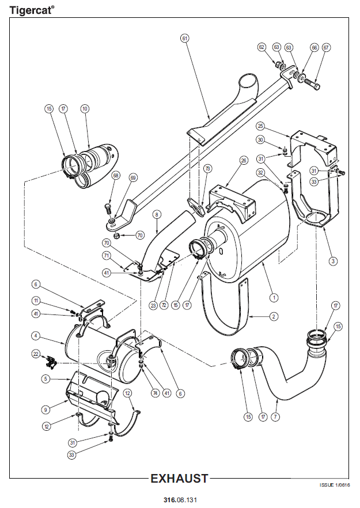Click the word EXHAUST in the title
click(179, 479)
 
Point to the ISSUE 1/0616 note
click(335, 485)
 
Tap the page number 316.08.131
click(180, 499)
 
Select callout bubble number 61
click(185, 38)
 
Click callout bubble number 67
click(326, 47)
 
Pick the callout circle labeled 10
click(85, 108)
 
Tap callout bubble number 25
click(260, 126)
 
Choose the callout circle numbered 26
click(244, 160)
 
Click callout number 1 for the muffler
click(274, 297)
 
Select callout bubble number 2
click(274, 316)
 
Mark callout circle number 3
click(333, 261)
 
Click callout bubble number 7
click(275, 416)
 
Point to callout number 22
click(36, 354)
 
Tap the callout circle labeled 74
click(156, 393)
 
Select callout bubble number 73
click(207, 168)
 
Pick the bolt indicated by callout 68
click(108, 208)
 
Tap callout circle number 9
click(46, 410)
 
